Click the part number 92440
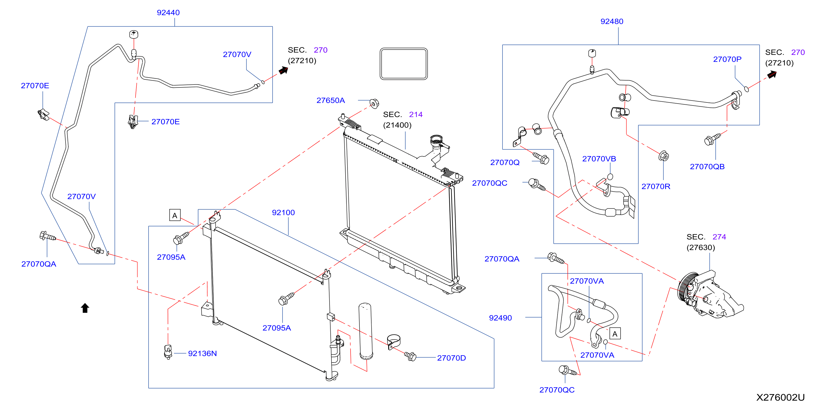pos(168,13)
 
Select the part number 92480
pos(611,21)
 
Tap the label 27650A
pos(330,101)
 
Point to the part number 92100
pos(283,213)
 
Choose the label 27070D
pos(451,358)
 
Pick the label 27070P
pos(727,59)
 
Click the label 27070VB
pos(599,159)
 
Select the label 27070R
pos(656,186)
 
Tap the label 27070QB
pos(707,166)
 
